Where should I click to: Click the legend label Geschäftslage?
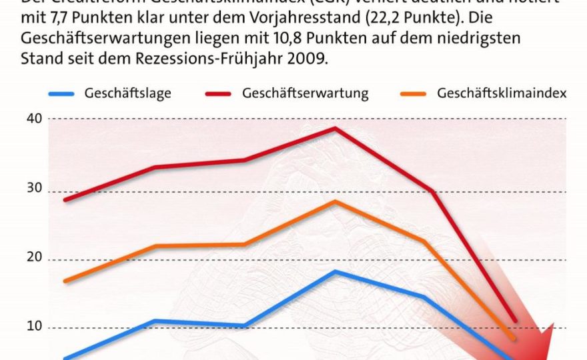tap(127, 93)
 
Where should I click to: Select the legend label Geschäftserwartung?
tap(306, 93)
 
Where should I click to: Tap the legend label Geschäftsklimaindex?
tap(502, 93)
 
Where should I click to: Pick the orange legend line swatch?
tap(412, 94)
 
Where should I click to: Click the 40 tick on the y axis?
tap(35, 119)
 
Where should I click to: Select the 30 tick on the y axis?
tap(35, 189)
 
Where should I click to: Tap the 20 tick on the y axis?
tap(35, 259)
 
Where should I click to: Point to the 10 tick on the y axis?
tap(35, 327)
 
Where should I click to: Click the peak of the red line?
tap(336, 128)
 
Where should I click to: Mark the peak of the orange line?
tap(336, 201)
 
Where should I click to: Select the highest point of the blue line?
tap(336, 271)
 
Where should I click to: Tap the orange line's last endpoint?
tap(514, 339)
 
